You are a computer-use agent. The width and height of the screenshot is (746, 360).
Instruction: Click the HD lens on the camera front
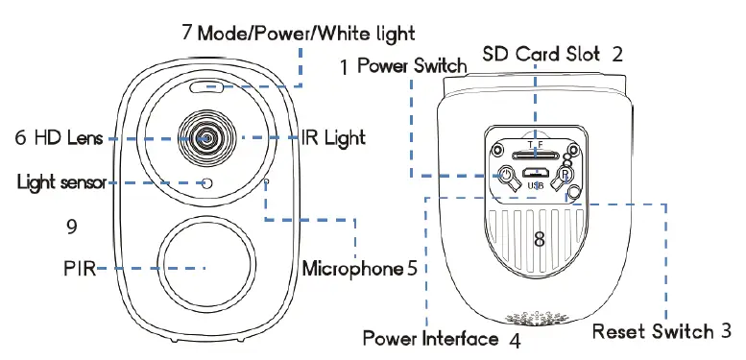tap(206, 137)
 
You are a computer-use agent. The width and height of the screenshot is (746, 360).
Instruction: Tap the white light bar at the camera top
tap(206, 89)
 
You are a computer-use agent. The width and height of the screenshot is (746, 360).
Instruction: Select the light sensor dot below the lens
tap(206, 181)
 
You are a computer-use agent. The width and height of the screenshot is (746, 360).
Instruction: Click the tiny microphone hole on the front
tap(266, 179)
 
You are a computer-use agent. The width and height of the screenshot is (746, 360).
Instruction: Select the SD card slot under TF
tap(534, 154)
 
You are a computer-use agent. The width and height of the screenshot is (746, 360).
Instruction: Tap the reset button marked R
tap(566, 176)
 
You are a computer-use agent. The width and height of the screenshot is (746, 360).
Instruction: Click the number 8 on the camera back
tap(540, 240)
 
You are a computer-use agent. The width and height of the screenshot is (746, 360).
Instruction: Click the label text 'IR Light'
tap(333, 138)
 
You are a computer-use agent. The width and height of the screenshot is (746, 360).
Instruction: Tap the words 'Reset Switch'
tap(652, 332)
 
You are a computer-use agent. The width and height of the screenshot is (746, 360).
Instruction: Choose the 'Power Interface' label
tap(430, 338)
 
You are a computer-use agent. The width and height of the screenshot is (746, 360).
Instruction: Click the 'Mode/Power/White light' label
tap(307, 33)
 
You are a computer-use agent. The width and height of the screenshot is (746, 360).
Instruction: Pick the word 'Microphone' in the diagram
tap(351, 268)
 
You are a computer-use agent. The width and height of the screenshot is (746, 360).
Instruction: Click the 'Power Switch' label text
tap(412, 66)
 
